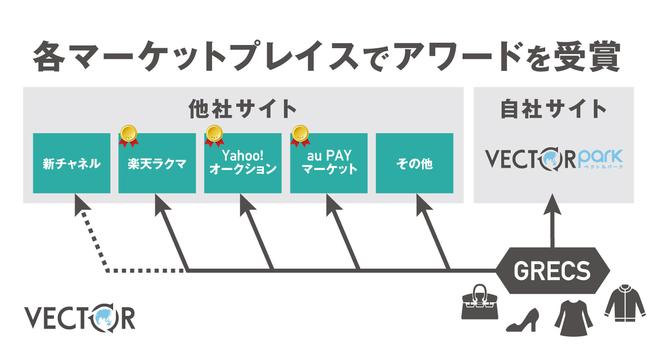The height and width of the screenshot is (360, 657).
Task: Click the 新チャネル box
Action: pyautogui.click(x=71, y=163)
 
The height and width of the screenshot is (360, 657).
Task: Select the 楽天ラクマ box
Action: pyautogui.click(x=157, y=163)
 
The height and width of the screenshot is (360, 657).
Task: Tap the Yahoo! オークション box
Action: pyautogui.click(x=243, y=163)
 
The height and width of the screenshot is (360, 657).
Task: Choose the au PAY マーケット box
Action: pyautogui.click(x=328, y=163)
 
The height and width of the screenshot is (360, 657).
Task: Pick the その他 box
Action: pyautogui.click(x=414, y=163)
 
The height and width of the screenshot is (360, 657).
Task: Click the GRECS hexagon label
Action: pyautogui.click(x=552, y=271)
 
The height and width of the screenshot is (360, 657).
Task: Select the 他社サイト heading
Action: pyautogui.click(x=243, y=109)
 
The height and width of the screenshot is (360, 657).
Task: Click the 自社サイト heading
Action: pyautogui.click(x=553, y=109)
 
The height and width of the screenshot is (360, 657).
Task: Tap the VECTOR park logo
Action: pyautogui.click(x=554, y=159)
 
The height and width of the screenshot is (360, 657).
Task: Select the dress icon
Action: pyautogui.click(x=573, y=314)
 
